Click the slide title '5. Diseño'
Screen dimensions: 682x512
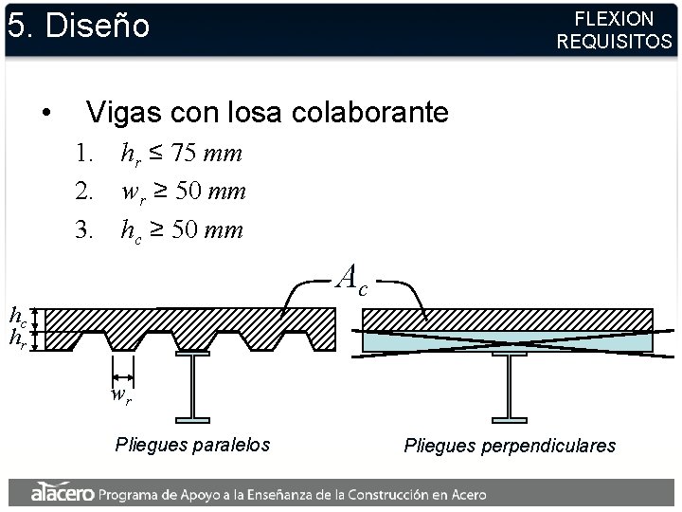point(79,26)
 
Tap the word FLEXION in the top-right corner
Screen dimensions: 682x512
point(614,18)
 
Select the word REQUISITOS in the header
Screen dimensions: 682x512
point(614,42)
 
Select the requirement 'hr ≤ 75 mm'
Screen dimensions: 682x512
point(182,153)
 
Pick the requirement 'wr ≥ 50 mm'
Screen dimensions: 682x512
point(184,192)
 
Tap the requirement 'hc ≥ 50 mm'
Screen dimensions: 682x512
point(182,230)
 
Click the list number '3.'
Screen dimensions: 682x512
point(86,230)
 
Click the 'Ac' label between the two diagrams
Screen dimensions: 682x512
point(353,278)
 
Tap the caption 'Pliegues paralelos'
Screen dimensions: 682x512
point(192,444)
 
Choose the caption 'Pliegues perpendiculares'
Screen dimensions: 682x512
point(510,445)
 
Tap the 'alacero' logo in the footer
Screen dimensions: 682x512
point(62,492)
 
